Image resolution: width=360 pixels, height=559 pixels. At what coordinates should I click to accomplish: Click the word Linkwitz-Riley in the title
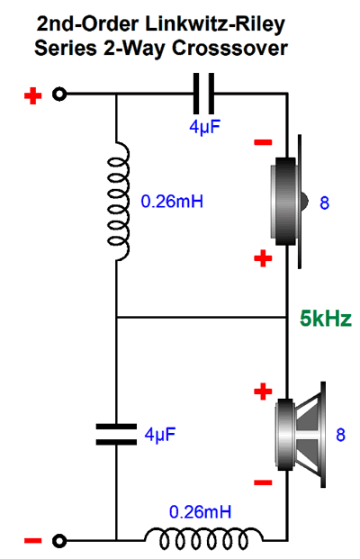(215, 25)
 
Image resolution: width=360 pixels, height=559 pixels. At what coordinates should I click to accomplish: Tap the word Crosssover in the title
(229, 48)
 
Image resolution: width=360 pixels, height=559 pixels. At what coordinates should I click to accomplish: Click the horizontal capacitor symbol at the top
(203, 94)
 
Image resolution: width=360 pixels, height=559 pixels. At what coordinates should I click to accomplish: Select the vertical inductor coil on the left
(118, 202)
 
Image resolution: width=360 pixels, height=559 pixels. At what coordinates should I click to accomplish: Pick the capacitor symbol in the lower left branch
(116, 434)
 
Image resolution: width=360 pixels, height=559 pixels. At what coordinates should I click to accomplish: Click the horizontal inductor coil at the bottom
(203, 538)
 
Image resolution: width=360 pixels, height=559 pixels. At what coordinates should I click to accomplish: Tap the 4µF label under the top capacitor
(204, 127)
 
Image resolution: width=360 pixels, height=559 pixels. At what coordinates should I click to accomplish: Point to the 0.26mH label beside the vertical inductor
(172, 202)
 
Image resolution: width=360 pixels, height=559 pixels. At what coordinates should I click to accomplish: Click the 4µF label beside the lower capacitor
(160, 434)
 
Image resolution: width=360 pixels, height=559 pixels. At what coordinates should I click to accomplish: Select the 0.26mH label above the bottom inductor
(200, 512)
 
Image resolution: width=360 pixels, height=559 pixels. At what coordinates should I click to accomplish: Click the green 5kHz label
(326, 319)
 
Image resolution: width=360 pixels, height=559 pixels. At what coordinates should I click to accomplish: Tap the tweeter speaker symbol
(288, 202)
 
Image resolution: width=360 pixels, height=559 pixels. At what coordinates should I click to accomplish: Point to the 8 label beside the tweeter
(324, 203)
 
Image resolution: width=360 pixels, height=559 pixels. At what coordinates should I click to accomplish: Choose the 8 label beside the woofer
(341, 435)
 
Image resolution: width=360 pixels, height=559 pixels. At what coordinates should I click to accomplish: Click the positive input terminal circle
(59, 95)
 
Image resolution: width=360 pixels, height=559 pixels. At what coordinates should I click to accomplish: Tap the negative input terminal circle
(59, 541)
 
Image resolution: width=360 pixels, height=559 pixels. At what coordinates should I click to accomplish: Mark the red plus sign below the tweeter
(263, 258)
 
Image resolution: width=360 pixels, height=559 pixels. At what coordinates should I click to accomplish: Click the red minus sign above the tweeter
(263, 142)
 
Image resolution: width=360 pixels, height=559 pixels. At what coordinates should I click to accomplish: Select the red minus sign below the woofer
(263, 482)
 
